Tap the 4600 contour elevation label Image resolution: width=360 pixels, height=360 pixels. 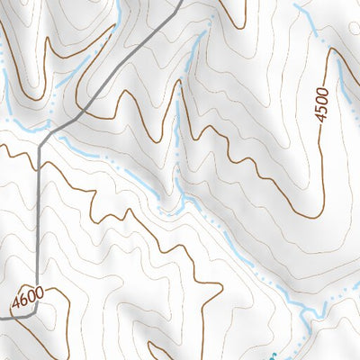click(x=29, y=297)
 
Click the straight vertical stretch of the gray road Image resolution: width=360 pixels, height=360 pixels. click(x=38, y=225)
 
